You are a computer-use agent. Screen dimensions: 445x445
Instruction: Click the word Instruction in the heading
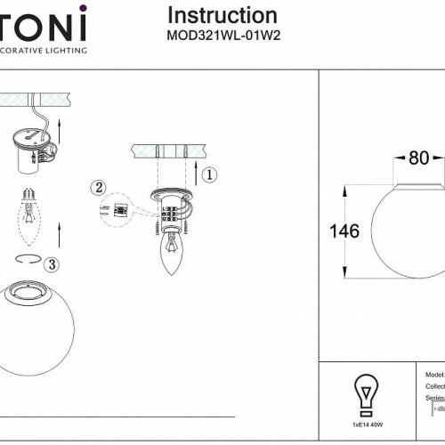(x=222, y=16)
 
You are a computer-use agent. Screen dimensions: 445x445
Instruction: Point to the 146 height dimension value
(x=344, y=231)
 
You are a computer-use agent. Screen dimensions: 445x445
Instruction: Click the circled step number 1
(x=206, y=174)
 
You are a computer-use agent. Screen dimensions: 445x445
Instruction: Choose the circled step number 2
(x=97, y=187)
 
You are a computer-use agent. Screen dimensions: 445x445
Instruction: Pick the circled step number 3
(x=53, y=263)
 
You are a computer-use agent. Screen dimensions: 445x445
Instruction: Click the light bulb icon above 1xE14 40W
(x=364, y=391)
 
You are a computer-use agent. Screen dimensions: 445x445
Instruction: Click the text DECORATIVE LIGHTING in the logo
(x=44, y=51)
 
